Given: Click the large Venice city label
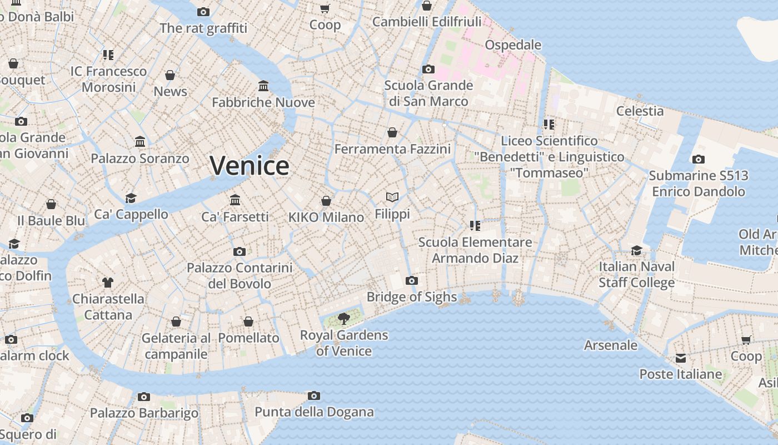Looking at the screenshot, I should click(x=250, y=166).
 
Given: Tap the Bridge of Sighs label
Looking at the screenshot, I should click(x=411, y=297).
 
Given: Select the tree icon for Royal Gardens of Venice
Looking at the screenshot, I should click(x=344, y=319).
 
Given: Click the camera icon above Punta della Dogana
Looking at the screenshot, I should click(x=314, y=396).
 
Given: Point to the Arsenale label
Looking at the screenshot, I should click(x=611, y=345).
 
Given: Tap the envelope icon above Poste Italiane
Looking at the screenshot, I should click(x=681, y=358).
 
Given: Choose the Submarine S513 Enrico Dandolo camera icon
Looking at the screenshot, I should click(x=699, y=160).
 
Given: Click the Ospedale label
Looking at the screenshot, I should click(x=513, y=44).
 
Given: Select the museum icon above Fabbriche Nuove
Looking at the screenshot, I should click(x=263, y=86).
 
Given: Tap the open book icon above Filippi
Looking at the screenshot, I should click(x=392, y=197).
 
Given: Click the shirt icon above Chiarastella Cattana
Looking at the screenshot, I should click(x=108, y=283).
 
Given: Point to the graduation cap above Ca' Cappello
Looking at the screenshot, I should click(x=131, y=198).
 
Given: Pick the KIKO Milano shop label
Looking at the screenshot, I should click(x=326, y=217).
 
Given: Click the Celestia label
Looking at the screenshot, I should click(x=640, y=111).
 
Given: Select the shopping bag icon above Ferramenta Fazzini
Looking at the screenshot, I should click(x=392, y=132).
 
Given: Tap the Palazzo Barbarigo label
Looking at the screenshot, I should click(x=144, y=413).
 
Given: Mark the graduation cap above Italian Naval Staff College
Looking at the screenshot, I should click(x=636, y=251).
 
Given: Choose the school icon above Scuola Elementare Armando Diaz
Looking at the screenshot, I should click(x=475, y=226).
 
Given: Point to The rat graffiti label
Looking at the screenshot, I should click(x=203, y=28).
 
